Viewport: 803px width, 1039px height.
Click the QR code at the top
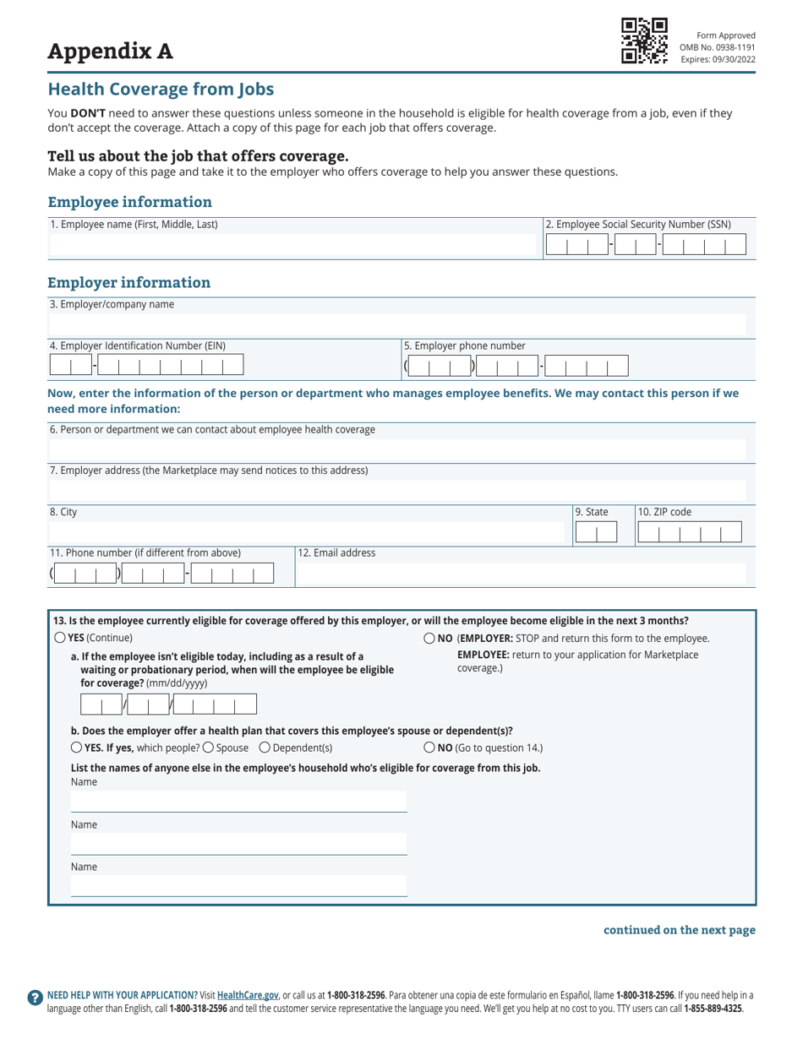point(644,41)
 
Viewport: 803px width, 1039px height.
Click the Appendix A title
point(110,52)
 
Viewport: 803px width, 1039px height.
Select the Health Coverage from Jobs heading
point(161,89)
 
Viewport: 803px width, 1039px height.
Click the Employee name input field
point(294,246)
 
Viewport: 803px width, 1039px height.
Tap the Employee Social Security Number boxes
point(646,245)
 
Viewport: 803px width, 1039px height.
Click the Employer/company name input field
point(397,324)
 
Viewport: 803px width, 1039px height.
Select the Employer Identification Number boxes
point(146,365)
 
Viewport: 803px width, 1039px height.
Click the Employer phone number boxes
point(516,366)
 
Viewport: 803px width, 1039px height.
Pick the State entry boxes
point(596,532)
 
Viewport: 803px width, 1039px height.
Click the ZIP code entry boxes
point(689,532)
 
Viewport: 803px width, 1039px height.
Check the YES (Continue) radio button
point(59,638)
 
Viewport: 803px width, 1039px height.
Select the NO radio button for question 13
point(429,639)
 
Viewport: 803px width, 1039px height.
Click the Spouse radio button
point(208,748)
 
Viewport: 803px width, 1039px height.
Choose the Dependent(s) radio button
point(265,748)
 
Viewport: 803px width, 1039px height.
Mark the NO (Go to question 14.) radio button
point(429,748)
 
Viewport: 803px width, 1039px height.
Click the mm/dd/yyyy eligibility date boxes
point(168,705)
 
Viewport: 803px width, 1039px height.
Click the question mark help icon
point(35,998)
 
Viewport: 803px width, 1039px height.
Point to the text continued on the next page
point(679,930)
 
